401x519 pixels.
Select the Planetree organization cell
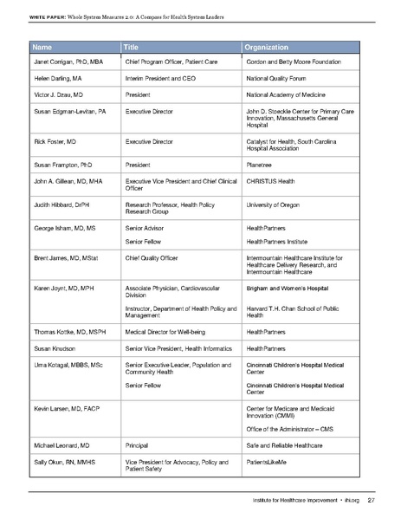pos(262,162)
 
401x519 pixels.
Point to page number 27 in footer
pos(370,499)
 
